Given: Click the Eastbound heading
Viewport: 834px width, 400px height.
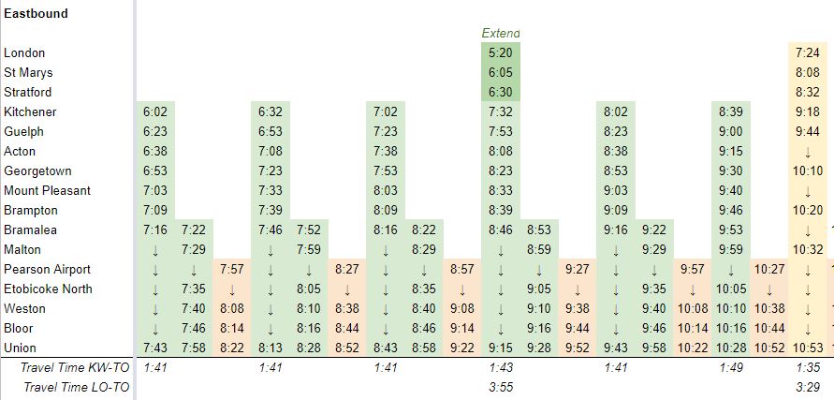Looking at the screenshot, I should click(36, 14).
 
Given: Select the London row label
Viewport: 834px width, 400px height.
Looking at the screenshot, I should click(24, 53).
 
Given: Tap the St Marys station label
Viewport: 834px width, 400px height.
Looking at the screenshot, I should click(28, 73).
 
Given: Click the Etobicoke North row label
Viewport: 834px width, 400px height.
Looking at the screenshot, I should click(48, 289).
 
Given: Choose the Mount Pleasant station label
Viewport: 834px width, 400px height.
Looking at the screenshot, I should click(47, 190).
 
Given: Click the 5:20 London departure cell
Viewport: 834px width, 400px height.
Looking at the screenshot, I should click(501, 53).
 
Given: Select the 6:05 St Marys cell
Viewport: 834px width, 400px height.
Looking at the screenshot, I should click(501, 73).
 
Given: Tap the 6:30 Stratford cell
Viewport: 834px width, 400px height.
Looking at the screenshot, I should click(501, 93).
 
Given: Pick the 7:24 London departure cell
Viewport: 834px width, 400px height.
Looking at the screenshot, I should click(807, 53).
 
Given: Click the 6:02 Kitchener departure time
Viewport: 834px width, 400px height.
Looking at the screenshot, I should click(155, 112).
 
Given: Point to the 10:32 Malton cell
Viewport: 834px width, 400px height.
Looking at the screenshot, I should click(807, 249).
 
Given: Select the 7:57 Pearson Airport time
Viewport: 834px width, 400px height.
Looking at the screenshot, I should click(232, 269).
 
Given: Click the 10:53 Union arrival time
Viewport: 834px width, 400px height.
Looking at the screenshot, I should click(807, 348).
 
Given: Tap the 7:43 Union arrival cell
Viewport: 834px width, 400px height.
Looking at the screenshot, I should click(155, 348).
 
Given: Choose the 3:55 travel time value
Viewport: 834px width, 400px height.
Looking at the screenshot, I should click(501, 386).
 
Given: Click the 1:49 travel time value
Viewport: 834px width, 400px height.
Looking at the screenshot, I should click(730, 367).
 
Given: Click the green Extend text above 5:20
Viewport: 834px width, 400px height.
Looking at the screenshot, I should click(501, 33).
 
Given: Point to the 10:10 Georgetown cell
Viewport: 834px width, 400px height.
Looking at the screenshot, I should click(807, 171).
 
